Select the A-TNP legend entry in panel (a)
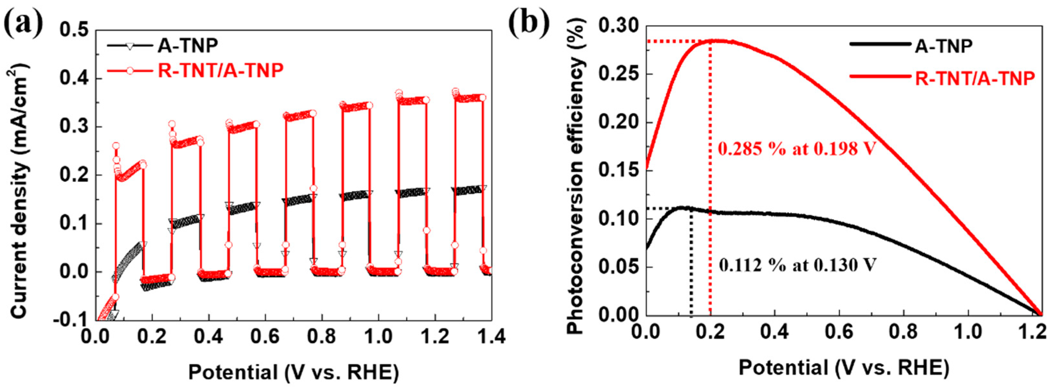point(188,46)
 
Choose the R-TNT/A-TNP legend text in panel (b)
point(975,77)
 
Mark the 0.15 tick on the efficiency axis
point(617,171)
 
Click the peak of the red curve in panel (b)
point(710,52)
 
